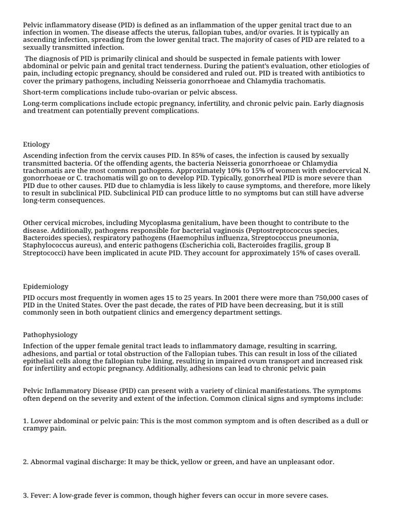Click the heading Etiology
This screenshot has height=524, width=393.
36,144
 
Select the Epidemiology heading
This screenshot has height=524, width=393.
46,287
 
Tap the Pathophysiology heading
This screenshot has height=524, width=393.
50,335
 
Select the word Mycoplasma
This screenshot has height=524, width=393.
158,223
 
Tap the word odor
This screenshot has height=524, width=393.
323,462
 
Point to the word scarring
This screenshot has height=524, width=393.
321,346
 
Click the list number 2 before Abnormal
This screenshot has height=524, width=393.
26,462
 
